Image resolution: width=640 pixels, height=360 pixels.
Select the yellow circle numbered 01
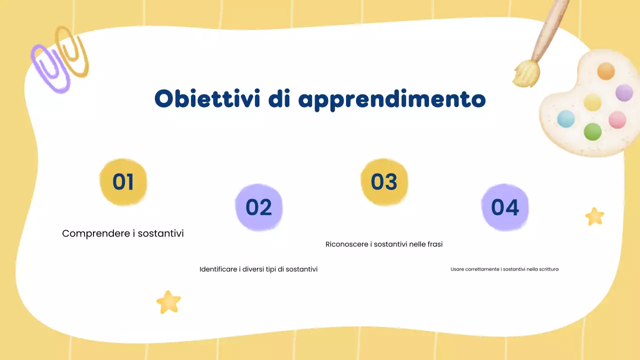[123, 182]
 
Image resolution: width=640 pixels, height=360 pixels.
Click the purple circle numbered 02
[258, 207]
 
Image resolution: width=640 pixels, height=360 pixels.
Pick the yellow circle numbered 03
[384, 182]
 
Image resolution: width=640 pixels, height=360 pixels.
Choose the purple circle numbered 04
[505, 207]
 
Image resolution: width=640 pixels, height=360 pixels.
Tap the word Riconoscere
[347, 244]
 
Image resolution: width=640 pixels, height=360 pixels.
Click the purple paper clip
[50, 68]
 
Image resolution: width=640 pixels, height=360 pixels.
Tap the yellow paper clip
[72, 50]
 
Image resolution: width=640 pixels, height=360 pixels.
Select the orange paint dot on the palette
[605, 71]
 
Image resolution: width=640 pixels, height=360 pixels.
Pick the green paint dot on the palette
[592, 131]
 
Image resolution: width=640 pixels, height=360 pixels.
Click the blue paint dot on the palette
[566, 119]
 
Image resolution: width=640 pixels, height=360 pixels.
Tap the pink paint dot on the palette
[617, 119]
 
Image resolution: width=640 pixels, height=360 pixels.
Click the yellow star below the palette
[594, 216]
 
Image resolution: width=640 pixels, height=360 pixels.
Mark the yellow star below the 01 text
[168, 302]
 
